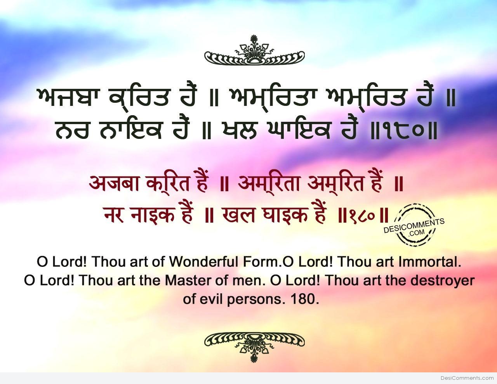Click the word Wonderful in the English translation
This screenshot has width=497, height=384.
point(204,262)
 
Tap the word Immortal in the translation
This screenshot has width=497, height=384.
point(429,262)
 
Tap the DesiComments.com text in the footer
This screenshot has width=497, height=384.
point(467,378)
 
